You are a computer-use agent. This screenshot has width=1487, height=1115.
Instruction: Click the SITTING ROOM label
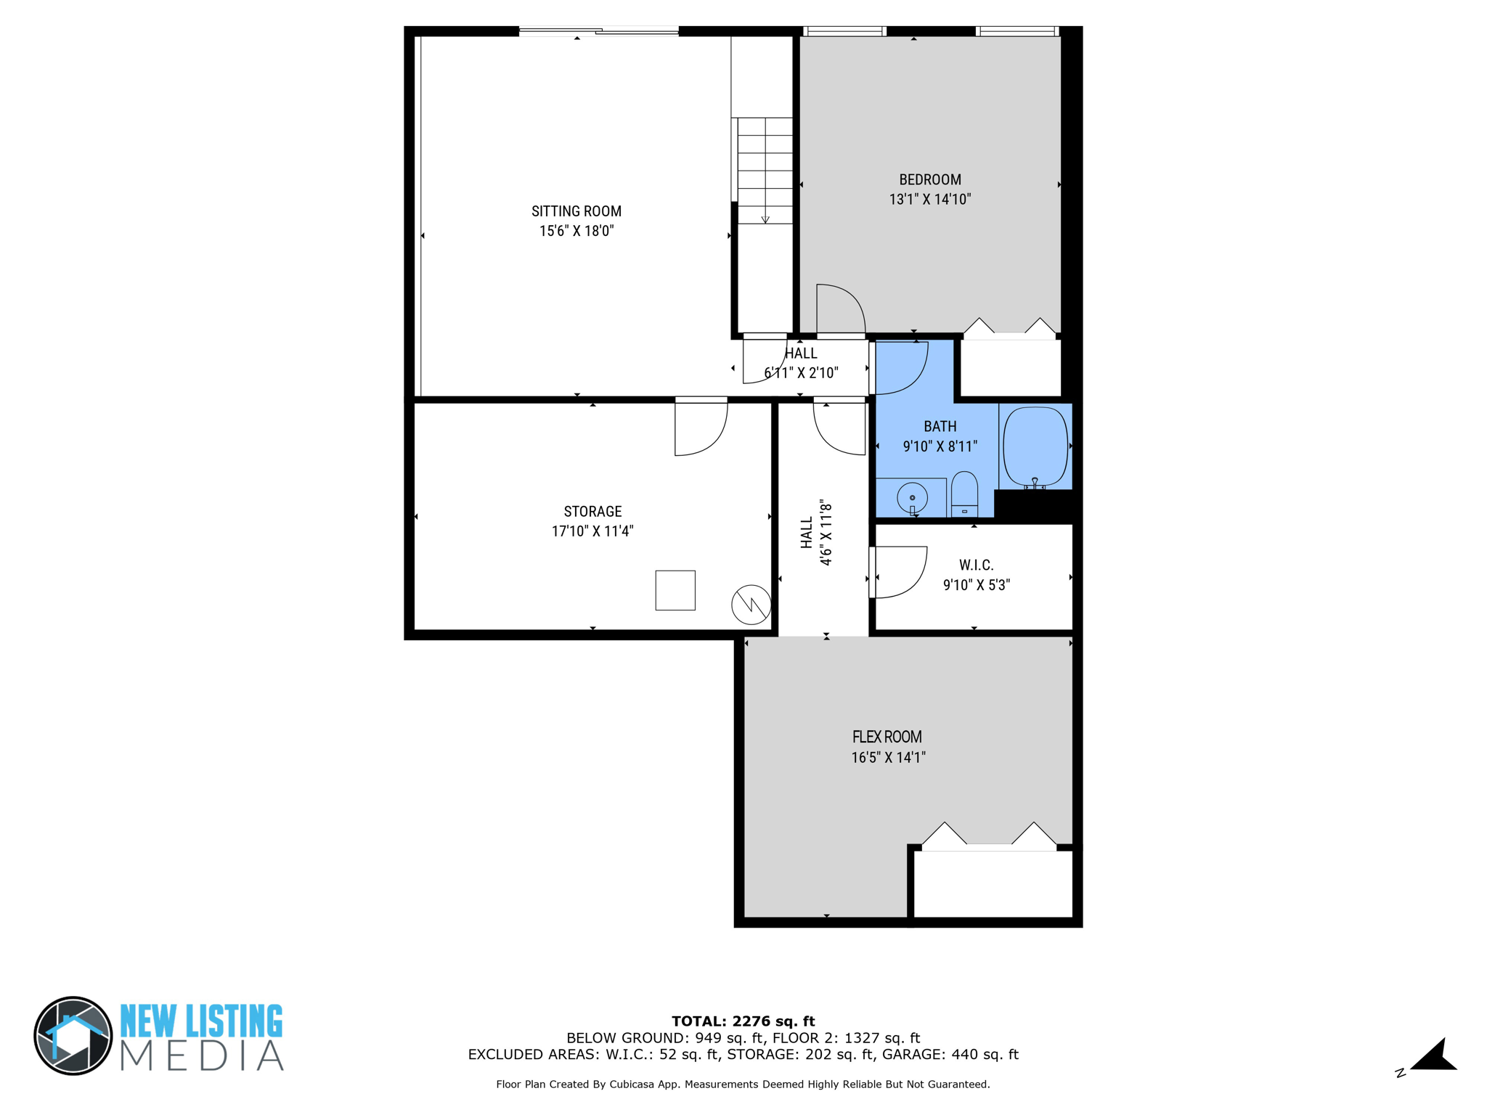[576, 211]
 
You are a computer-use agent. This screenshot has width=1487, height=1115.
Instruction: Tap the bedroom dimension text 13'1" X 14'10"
[929, 199]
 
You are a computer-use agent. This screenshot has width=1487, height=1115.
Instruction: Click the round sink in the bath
[912, 498]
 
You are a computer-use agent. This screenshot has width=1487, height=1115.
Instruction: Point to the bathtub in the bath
[1035, 446]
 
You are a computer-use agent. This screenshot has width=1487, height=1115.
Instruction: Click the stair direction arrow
[765, 218]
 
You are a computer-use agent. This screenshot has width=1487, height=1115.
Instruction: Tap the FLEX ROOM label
[887, 737]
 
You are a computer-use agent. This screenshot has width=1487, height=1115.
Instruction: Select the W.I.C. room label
[976, 565]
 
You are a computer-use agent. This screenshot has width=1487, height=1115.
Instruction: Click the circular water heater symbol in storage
[751, 604]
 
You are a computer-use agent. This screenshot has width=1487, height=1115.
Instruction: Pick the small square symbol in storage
[675, 589]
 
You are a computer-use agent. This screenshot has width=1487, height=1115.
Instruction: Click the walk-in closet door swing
[900, 572]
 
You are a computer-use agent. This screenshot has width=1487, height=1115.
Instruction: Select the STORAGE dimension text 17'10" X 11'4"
[592, 531]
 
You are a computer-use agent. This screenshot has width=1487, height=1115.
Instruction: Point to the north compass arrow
[1434, 1055]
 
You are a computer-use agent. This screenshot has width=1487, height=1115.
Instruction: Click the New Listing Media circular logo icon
[73, 1035]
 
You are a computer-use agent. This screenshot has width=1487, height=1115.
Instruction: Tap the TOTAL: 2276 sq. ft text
[743, 1021]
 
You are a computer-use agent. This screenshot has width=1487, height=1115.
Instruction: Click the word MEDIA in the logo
[201, 1055]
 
